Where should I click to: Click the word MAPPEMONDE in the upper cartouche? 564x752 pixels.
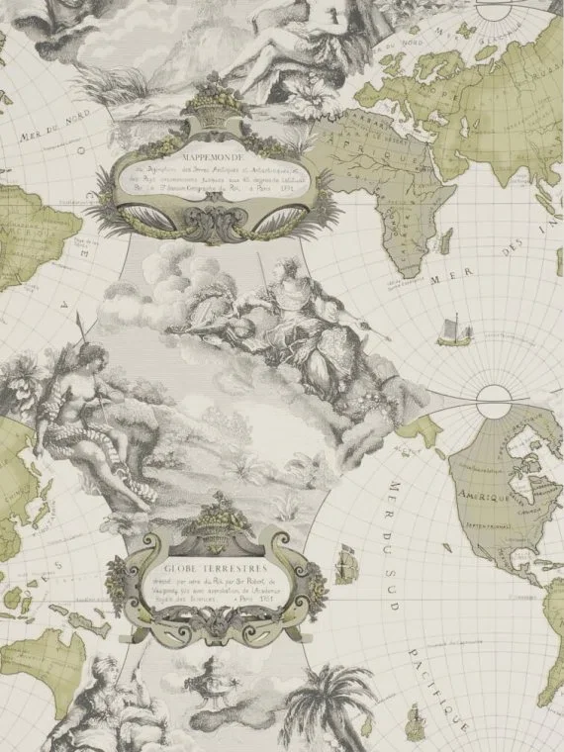[205, 155]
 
